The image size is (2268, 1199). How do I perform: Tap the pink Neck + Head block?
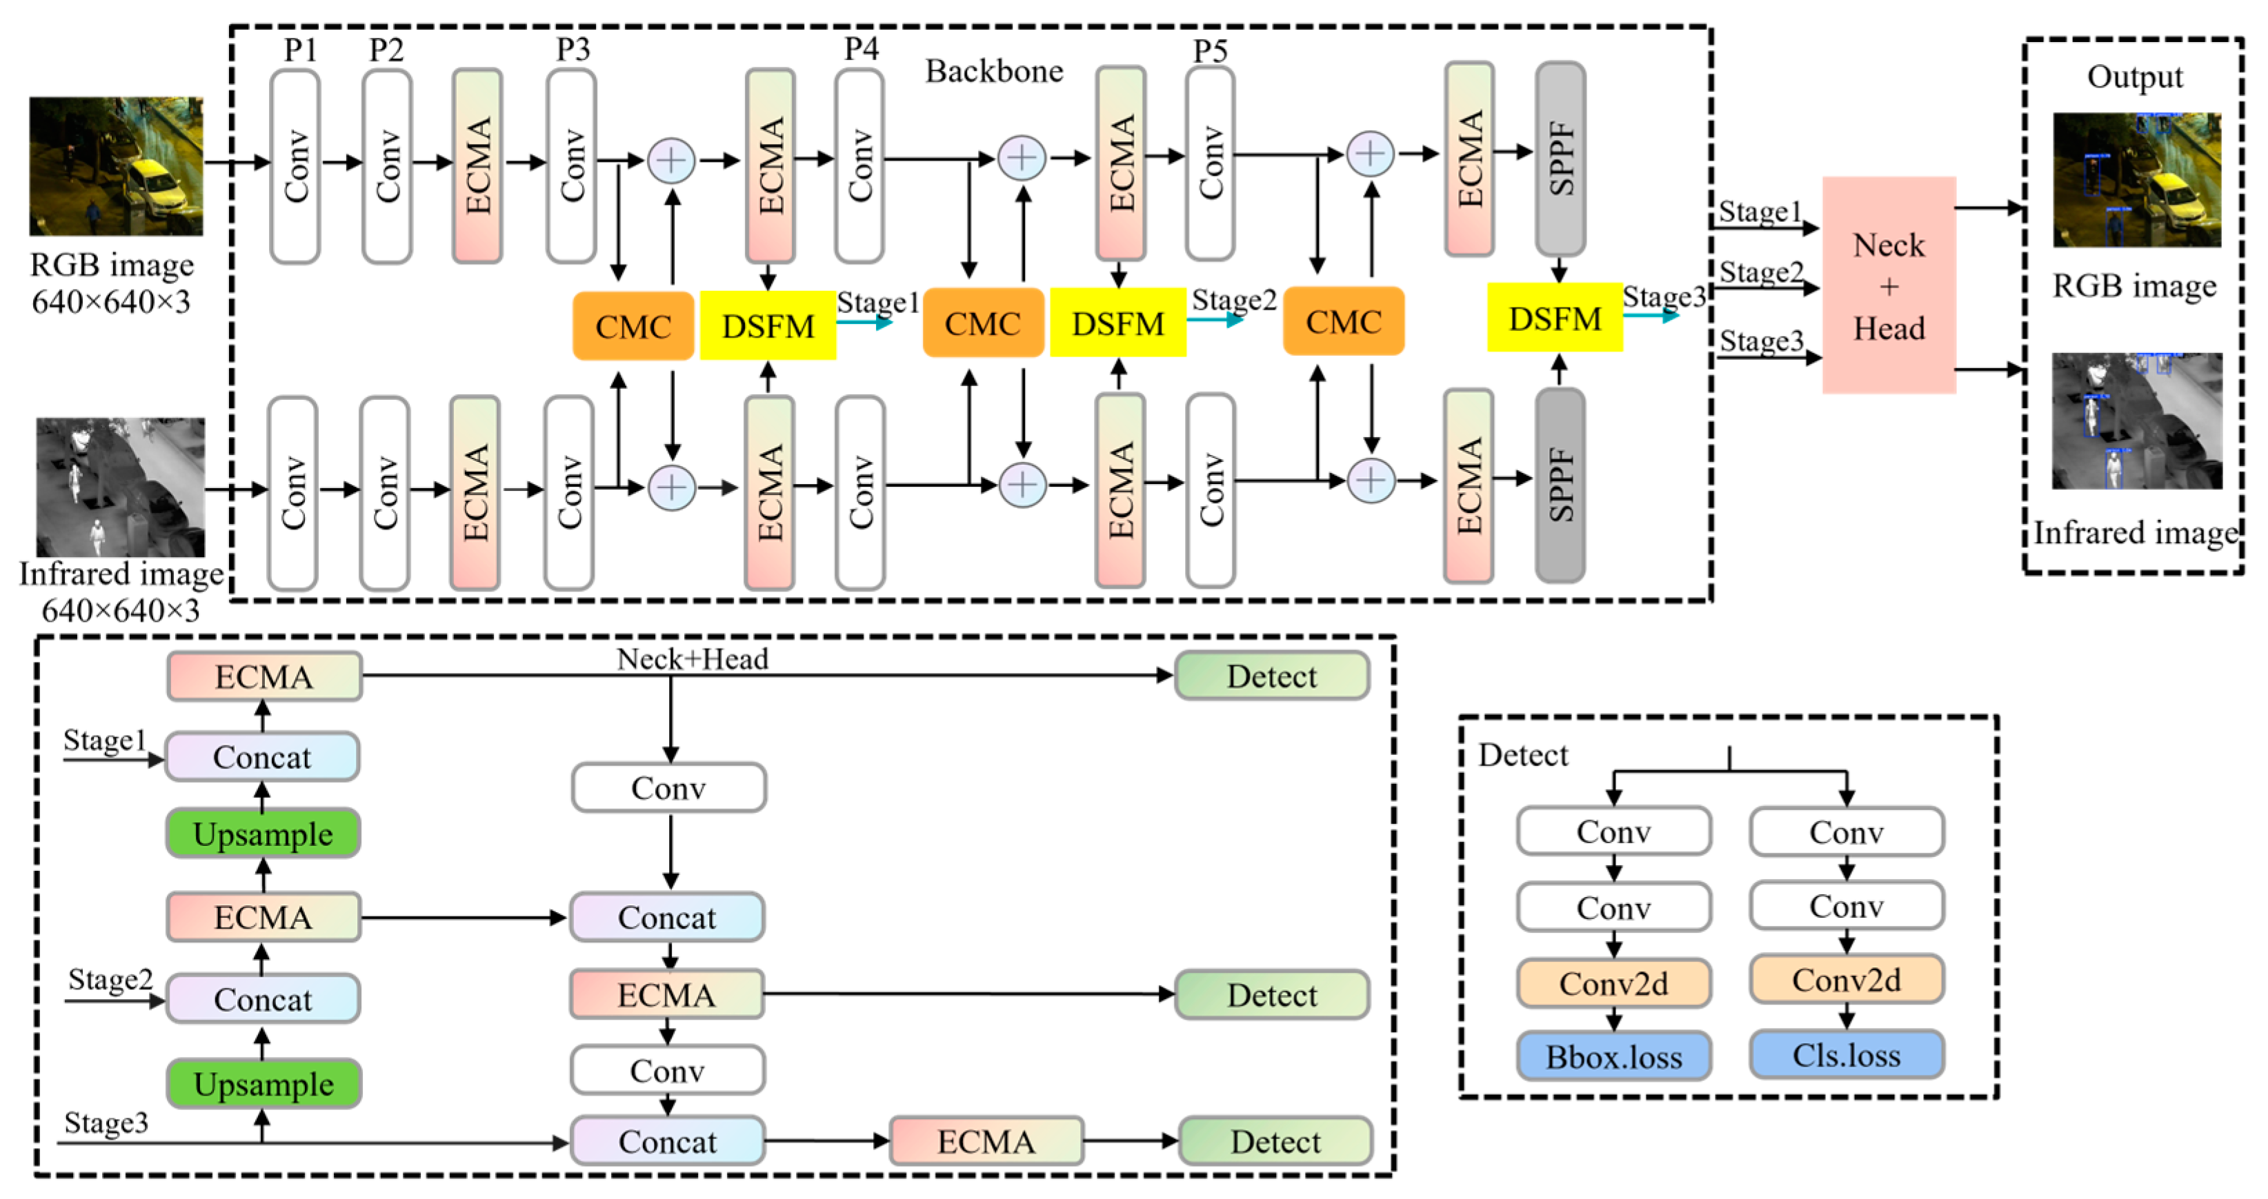click(x=1889, y=285)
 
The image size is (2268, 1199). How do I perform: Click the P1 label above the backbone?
click(x=300, y=50)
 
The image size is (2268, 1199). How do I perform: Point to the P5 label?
click(x=1210, y=50)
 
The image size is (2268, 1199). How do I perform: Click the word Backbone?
click(x=994, y=71)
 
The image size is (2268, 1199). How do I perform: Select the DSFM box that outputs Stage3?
click(x=1555, y=319)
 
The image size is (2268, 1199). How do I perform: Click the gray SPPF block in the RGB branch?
click(x=1560, y=159)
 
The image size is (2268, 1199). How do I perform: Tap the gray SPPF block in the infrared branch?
click(x=1560, y=485)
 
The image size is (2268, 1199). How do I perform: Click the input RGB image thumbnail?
click(x=116, y=166)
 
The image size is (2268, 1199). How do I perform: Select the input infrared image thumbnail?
click(x=121, y=486)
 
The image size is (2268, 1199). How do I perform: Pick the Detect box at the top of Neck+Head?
click(x=1271, y=676)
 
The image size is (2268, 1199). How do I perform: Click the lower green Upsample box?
click(x=263, y=1084)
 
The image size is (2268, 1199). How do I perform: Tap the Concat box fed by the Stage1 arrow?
click(x=262, y=757)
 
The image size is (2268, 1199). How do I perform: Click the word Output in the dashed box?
click(x=2134, y=77)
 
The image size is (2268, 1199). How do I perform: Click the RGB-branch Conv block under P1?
click(x=295, y=166)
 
